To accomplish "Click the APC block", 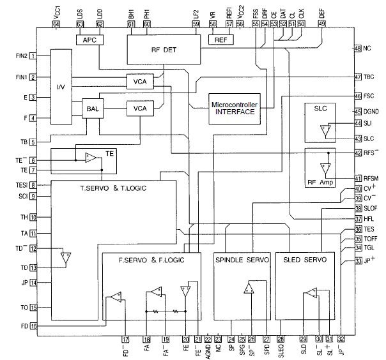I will pos(86,40).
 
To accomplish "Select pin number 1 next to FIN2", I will pos(31,56).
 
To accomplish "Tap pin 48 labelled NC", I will pos(358,49).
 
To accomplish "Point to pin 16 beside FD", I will pos(31,326).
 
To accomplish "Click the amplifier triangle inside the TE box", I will pos(91,158).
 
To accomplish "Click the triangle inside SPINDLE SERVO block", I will pos(248,289).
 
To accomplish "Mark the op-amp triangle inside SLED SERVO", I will pos(310,294).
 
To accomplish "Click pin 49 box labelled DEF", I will pos(321,24).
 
